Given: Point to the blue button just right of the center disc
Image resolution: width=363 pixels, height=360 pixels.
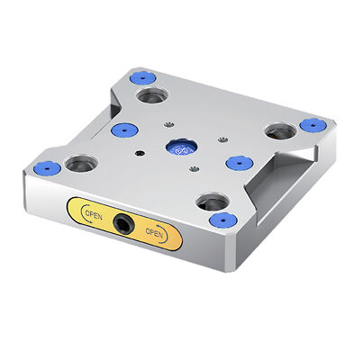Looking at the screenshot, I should [237, 162].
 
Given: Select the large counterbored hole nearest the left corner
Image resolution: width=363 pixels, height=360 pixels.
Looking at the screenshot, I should [81, 164].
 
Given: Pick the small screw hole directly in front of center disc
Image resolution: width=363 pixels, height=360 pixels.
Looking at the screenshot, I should [192, 167].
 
